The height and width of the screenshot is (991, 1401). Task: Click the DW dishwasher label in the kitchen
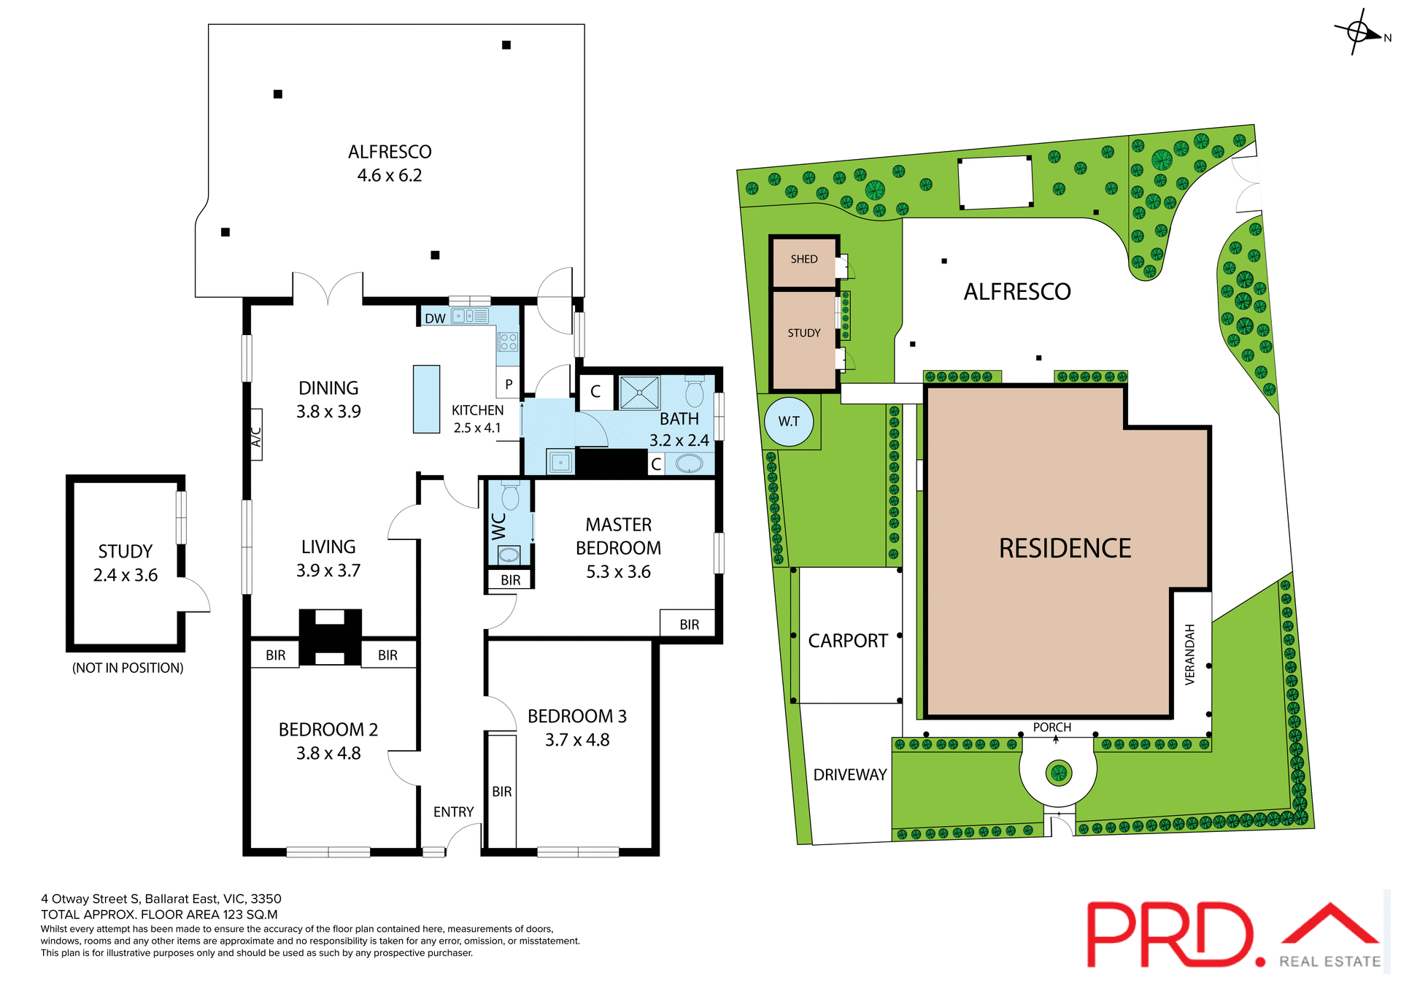pos(435,318)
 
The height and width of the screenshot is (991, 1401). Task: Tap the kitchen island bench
pos(426,399)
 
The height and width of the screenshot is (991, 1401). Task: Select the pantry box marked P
pos(509,384)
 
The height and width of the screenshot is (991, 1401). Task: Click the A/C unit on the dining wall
pos(256,435)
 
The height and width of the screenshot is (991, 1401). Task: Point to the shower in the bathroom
pos(639,393)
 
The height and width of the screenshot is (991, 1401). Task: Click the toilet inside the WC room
pos(510,496)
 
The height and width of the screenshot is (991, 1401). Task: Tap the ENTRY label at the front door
pos(453,811)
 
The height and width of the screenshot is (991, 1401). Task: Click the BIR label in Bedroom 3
pos(502,791)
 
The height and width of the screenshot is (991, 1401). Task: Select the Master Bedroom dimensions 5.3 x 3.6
pos(618,571)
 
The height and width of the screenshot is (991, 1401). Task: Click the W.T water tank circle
pos(789,421)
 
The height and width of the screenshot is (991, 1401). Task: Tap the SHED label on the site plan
pos(804,259)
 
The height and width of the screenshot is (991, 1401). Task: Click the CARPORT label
pos(848,641)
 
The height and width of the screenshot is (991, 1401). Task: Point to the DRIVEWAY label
pos(850,774)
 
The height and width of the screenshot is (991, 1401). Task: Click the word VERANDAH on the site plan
pos(1190,654)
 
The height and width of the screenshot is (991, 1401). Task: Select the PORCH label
pos(1052,727)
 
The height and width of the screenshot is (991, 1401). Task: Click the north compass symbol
pos(1359,32)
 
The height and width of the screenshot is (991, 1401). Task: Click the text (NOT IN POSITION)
pos(128,668)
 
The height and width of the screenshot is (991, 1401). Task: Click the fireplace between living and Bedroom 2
pos(330,637)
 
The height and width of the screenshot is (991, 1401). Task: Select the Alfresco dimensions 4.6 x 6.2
pos(390,175)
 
